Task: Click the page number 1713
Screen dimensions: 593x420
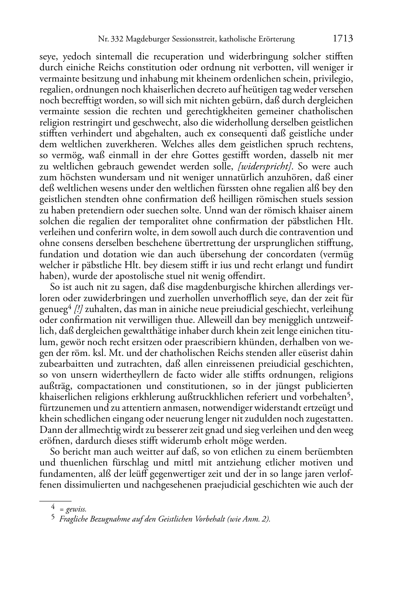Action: tap(343, 39)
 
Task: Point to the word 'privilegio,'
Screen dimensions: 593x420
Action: tap(333, 79)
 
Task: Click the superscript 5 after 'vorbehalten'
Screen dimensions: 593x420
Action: tap(351, 395)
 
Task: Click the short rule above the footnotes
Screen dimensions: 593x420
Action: tap(55, 501)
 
